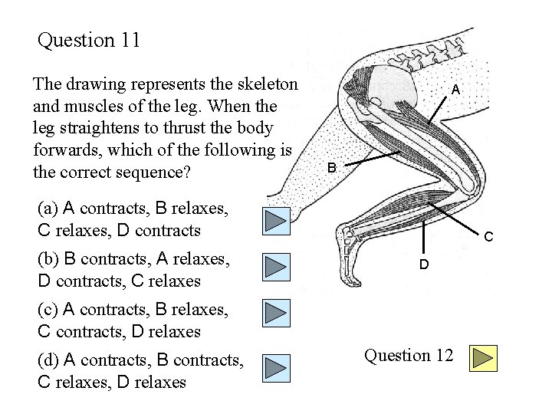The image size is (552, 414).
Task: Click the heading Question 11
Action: click(x=89, y=40)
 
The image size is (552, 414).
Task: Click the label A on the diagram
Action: click(x=455, y=90)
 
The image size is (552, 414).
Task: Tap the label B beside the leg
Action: click(x=332, y=167)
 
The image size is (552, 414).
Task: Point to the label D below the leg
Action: click(x=423, y=264)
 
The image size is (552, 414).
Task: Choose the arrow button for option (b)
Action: click(x=276, y=267)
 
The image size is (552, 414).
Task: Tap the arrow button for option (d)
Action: click(x=276, y=367)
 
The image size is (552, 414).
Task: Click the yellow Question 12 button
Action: click(x=483, y=358)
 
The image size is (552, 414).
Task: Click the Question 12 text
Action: click(x=409, y=356)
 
